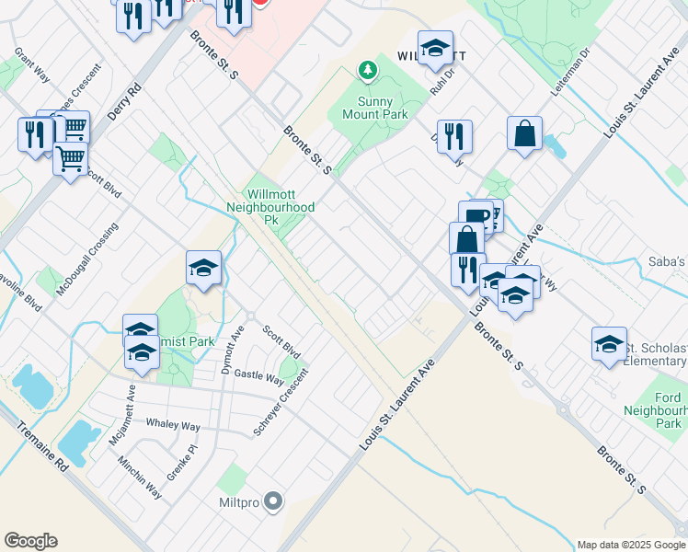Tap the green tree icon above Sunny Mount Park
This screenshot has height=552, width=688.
tap(367, 70)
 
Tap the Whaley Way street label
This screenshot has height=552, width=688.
tap(172, 425)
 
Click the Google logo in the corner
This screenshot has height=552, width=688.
tap(30, 541)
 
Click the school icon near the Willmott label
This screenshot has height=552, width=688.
tap(435, 47)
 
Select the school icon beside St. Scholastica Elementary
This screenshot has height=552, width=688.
tap(608, 343)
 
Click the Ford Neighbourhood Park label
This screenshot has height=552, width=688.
tap(655, 408)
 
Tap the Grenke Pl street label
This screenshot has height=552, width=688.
tap(182, 462)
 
